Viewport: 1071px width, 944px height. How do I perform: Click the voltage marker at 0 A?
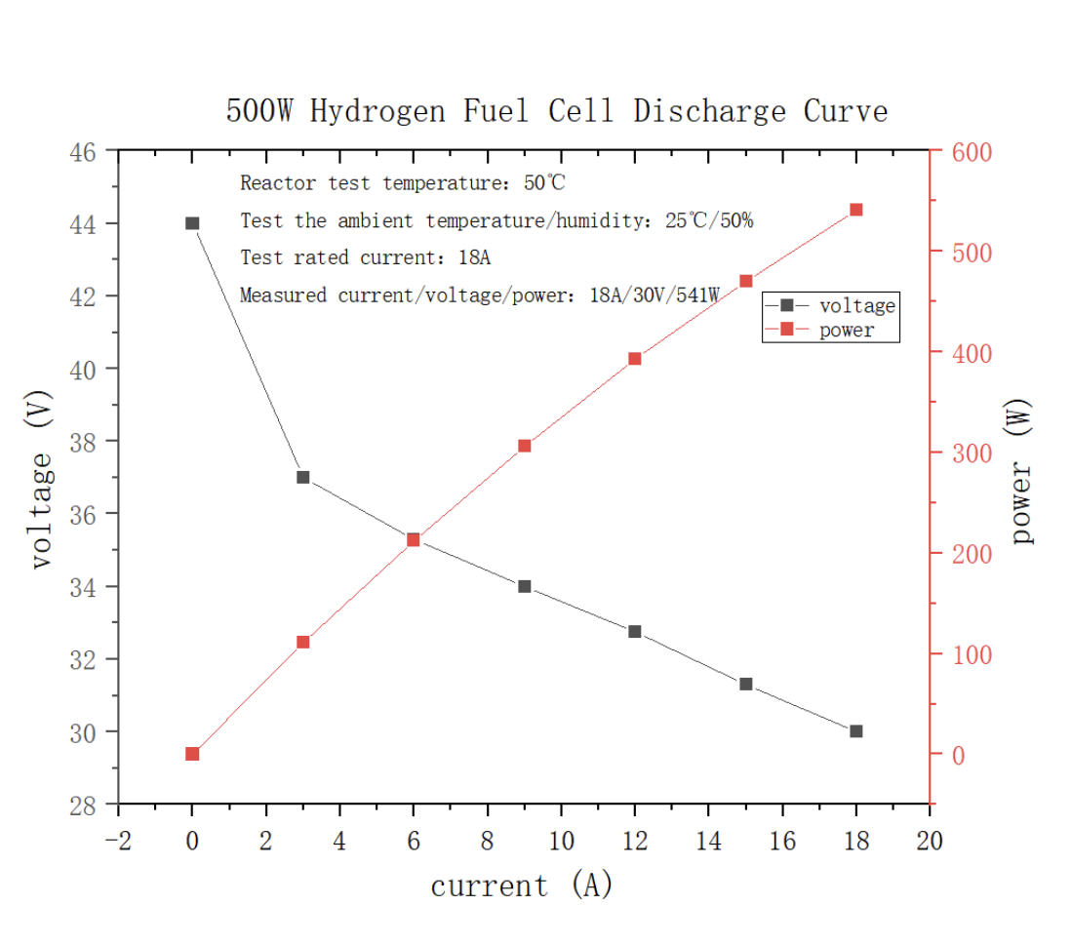point(192,223)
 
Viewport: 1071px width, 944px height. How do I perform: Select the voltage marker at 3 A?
point(302,477)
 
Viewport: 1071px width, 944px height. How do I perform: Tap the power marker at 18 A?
point(856,210)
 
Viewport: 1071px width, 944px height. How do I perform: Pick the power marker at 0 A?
point(192,754)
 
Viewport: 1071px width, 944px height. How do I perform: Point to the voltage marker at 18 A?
point(856,731)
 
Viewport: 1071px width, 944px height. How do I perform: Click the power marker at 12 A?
point(635,359)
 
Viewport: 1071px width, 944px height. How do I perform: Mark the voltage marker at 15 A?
point(746,684)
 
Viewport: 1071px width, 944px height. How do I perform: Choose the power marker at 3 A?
point(302,642)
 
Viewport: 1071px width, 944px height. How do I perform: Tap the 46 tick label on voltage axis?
point(83,152)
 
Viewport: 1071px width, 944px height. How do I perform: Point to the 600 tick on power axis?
point(972,152)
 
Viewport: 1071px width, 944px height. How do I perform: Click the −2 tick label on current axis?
point(118,841)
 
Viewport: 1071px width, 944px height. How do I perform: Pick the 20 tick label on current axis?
point(930,841)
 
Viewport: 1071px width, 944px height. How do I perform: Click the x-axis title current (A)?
point(522,885)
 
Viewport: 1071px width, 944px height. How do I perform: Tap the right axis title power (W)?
point(1022,472)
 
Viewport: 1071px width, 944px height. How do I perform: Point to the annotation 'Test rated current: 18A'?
point(365,258)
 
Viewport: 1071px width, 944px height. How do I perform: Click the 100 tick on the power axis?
point(972,654)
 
